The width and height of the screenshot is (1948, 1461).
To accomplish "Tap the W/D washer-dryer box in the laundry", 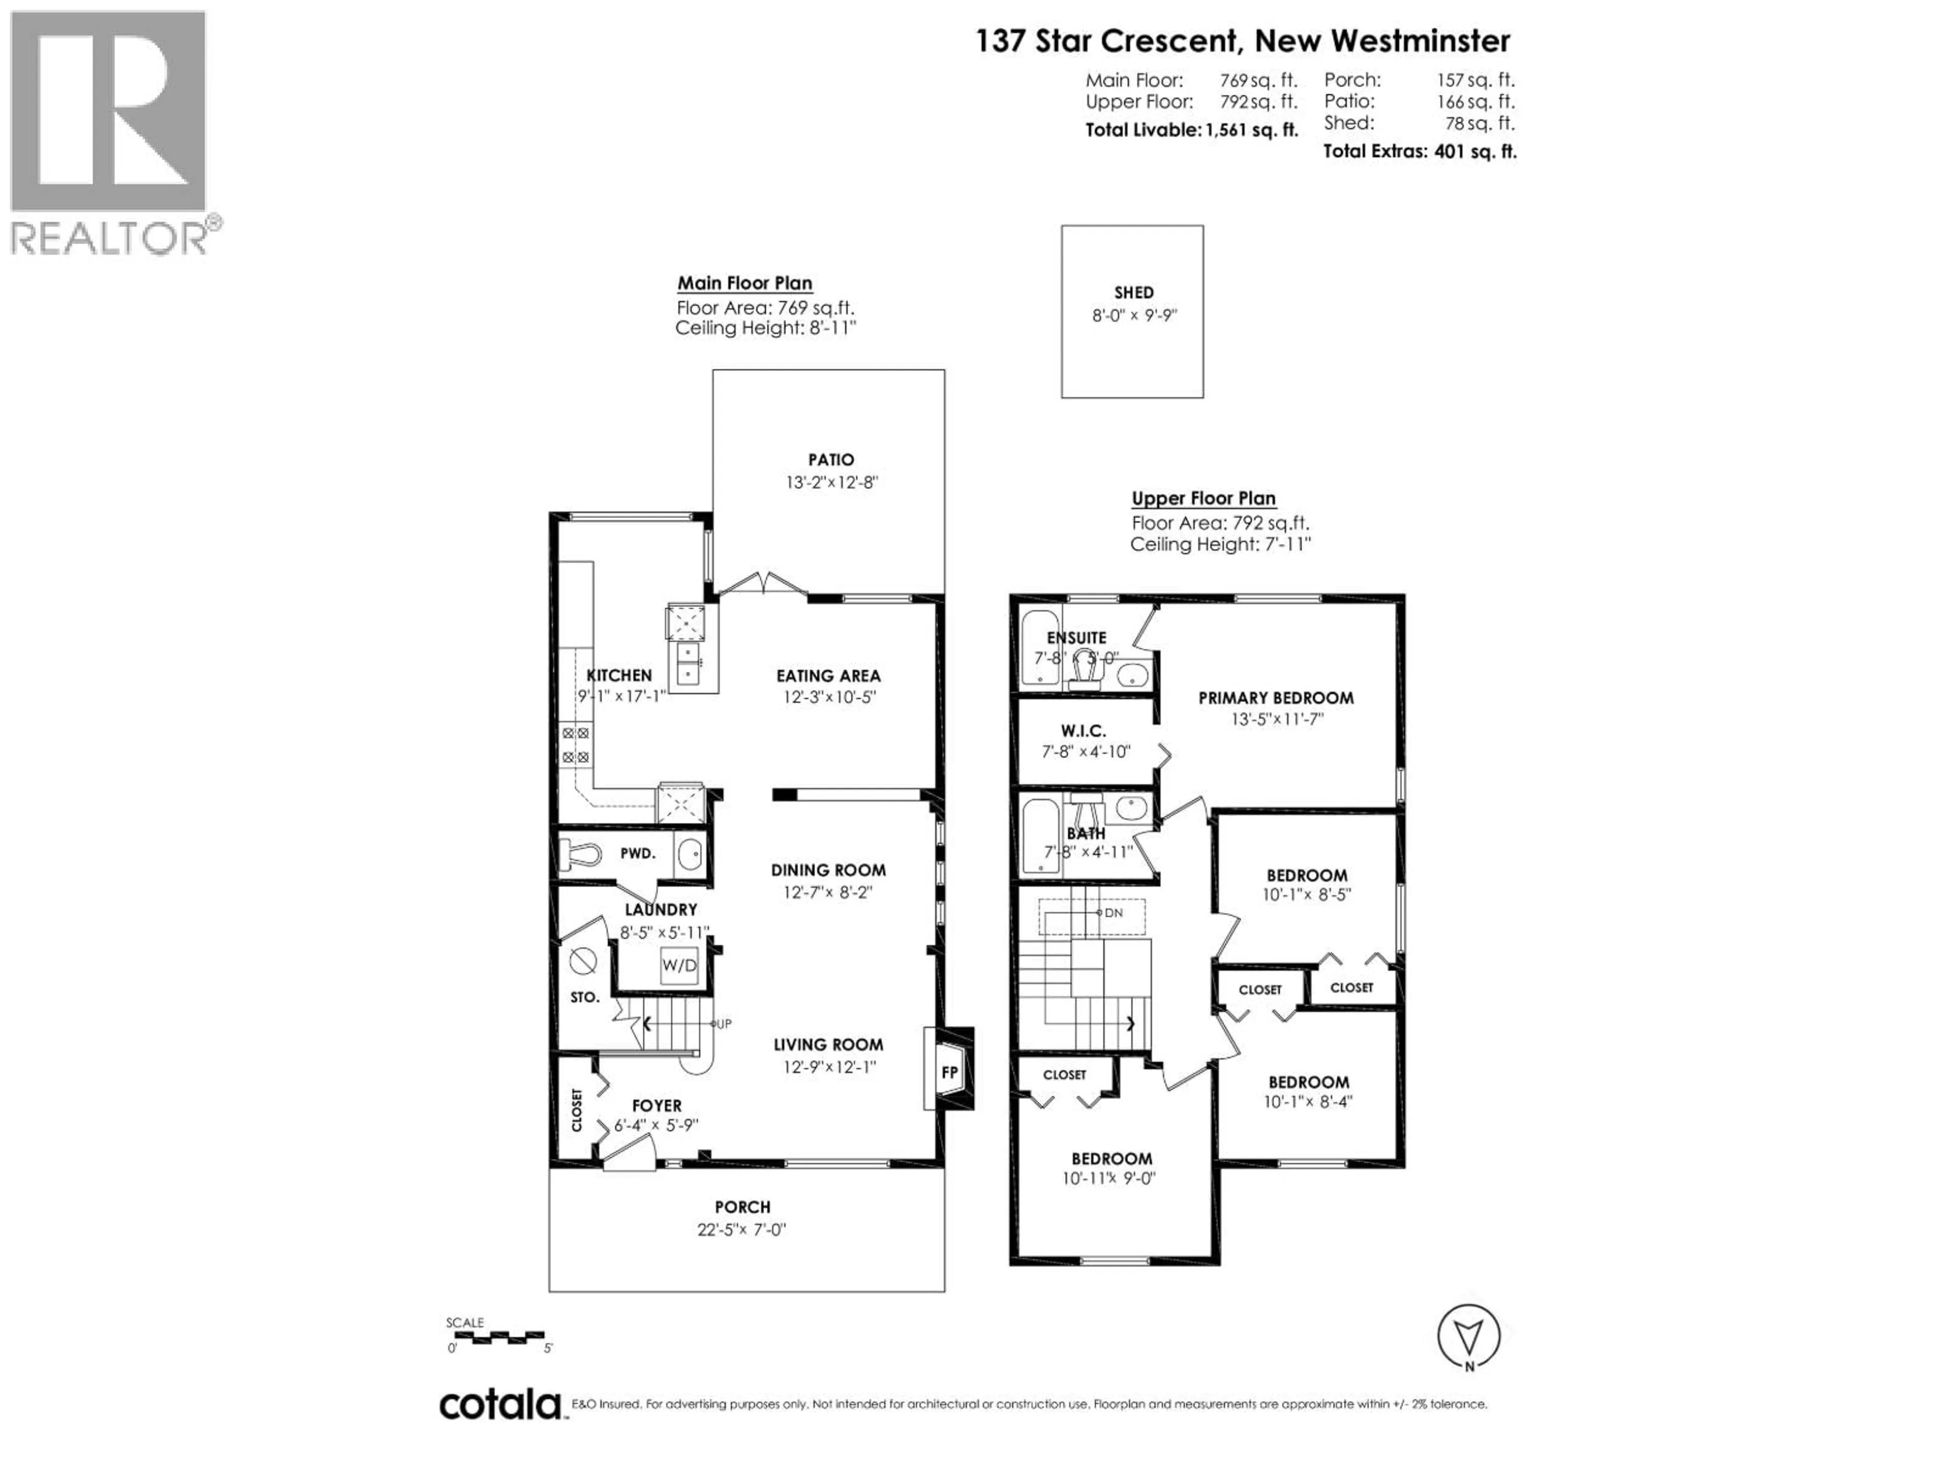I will coord(679,965).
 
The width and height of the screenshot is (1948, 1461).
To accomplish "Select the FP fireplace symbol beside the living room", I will coord(949,1072).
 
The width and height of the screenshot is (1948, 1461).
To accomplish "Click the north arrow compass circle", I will coord(1468,1336).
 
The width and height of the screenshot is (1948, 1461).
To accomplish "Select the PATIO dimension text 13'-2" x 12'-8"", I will coord(831,482).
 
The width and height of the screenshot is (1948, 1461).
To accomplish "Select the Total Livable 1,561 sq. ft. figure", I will coord(1192,130).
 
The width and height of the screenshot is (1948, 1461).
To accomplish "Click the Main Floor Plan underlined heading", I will coord(744,284).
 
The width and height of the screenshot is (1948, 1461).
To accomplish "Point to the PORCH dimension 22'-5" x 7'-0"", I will coord(742,1229).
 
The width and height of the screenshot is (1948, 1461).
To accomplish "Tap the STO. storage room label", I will coord(585,998).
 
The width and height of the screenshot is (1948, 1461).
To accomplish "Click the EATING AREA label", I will coord(828,676).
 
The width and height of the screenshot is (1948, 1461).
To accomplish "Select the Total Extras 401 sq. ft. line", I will coord(1419,152).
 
